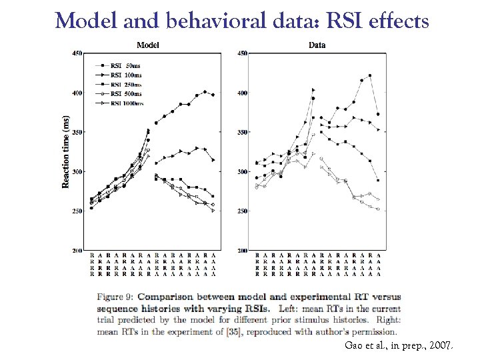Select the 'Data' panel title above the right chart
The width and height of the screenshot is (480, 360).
point(317,45)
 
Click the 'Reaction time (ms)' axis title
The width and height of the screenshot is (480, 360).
point(66,151)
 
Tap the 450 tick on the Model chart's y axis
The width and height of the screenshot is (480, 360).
point(77,53)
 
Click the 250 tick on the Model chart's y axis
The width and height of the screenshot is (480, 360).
point(77,211)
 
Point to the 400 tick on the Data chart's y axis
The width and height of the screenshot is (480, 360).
point(242,93)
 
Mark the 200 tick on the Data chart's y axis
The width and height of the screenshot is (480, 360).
point(242,251)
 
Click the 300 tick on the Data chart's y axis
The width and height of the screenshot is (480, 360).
point(242,172)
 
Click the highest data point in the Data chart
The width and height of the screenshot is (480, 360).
point(370,75)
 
